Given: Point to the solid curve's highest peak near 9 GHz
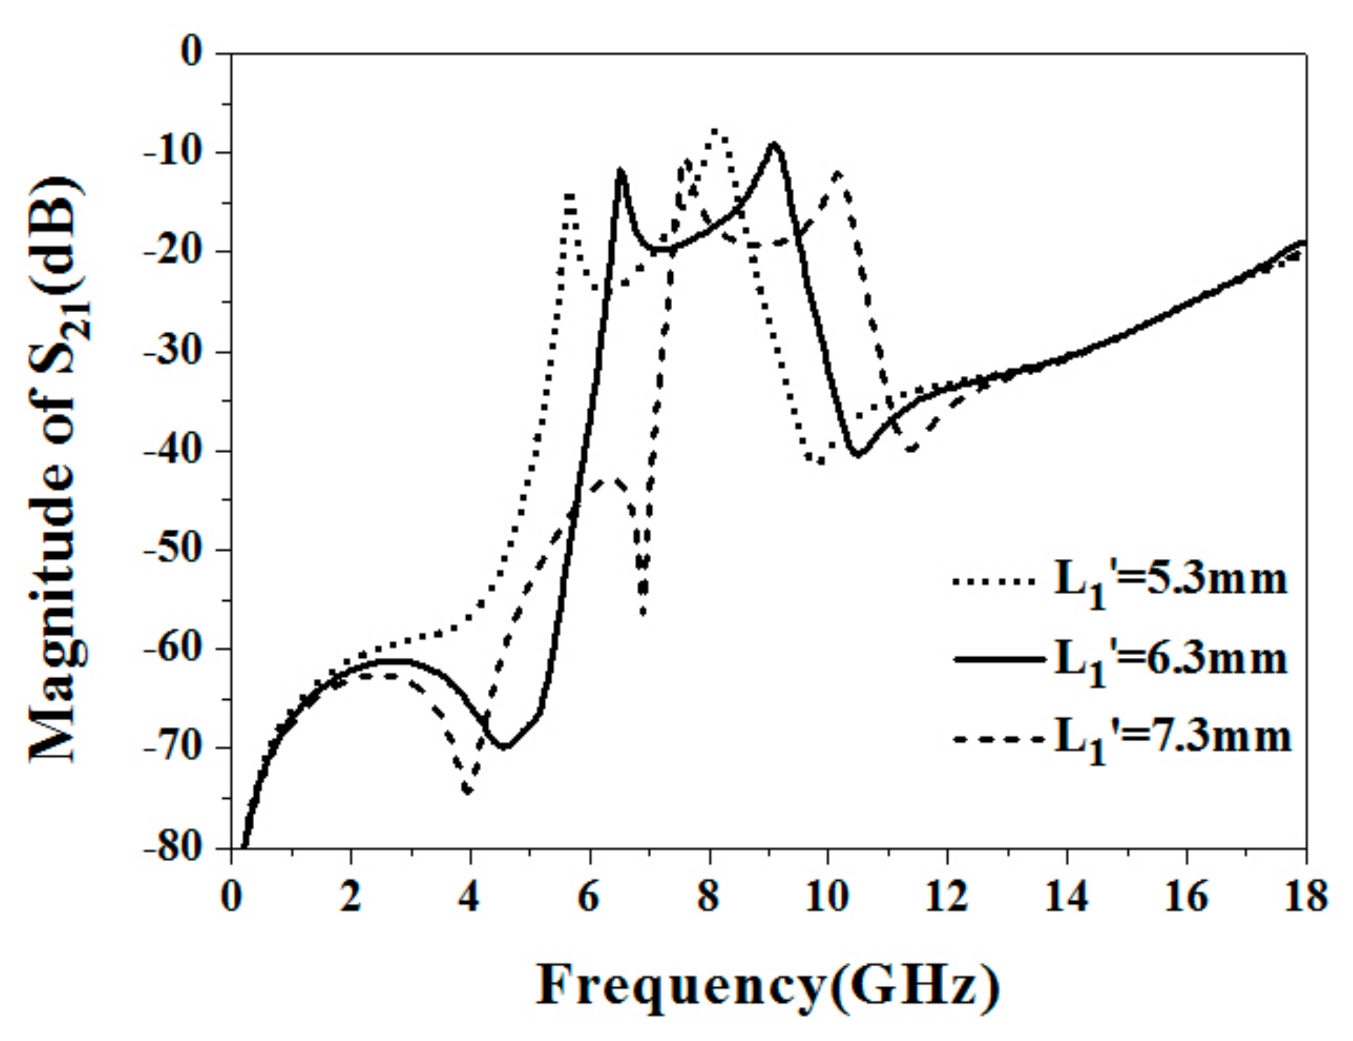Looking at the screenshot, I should click(774, 144).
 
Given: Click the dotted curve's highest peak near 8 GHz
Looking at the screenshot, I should click(716, 130).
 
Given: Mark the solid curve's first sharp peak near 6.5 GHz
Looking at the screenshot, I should click(621, 170).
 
